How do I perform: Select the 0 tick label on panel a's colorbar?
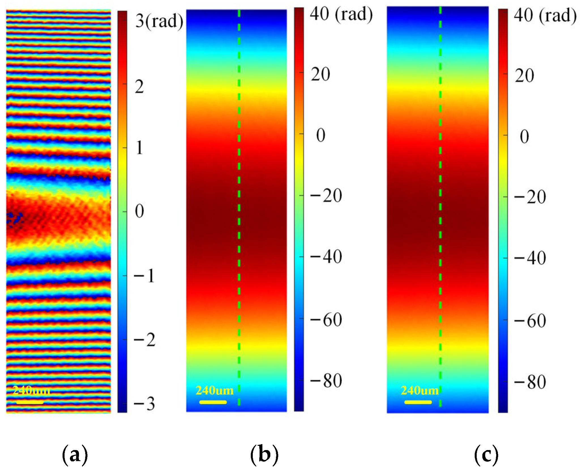tap(139, 211)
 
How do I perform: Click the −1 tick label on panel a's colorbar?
tap(144, 275)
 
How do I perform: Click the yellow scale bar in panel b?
tap(213, 402)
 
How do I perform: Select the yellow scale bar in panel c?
tap(418, 402)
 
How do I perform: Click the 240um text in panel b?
tap(215, 391)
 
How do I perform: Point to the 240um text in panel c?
tap(420, 391)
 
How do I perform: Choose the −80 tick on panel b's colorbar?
tap(326, 380)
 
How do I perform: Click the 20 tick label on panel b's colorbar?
tap(320, 74)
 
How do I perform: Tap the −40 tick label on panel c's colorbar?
tap(530, 258)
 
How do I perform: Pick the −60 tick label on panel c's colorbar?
tap(530, 321)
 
